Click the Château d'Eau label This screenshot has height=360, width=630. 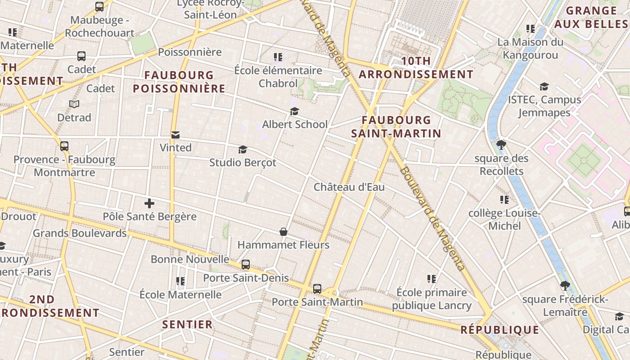(349, 187)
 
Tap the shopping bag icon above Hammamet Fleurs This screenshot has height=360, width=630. (283, 232)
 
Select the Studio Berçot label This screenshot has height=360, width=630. (243, 162)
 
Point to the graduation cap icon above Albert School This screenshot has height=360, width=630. (294, 111)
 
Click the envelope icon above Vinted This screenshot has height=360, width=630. (175, 135)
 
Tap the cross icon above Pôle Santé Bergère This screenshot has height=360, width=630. (149, 203)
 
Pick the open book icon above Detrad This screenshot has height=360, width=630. (74, 104)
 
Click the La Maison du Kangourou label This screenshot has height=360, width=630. (530, 49)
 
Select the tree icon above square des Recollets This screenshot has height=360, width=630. (501, 145)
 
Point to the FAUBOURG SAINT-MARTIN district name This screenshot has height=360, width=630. (396, 127)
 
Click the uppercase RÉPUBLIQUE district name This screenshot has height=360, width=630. (500, 330)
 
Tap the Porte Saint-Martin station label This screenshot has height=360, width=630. (317, 301)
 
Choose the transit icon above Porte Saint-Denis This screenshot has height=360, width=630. (246, 265)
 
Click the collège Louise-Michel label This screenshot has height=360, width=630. (504, 219)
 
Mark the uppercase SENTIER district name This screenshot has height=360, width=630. (187, 324)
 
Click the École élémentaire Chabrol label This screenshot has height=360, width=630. (278, 77)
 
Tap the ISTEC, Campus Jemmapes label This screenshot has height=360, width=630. (544, 106)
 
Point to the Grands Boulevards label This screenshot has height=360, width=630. (80, 233)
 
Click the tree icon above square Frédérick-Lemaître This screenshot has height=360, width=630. (565, 285)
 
